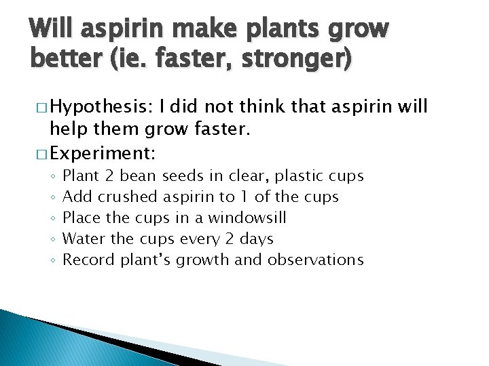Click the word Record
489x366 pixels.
pyautogui.click(x=88, y=260)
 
